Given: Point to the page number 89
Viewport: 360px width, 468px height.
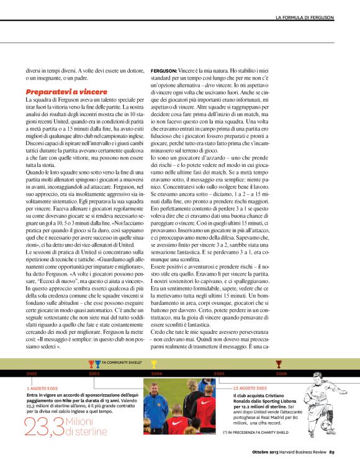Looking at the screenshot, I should pyautogui.click(x=332, y=451).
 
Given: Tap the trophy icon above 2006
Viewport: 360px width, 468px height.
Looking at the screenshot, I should pyautogui.click(x=279, y=364).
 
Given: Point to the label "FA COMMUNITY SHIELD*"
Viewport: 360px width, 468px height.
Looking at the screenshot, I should pyautogui.click(x=122, y=361).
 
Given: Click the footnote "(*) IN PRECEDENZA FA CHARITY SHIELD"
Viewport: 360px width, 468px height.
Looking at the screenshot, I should pyautogui.click(x=258, y=431).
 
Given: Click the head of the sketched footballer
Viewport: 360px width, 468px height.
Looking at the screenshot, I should pyautogui.click(x=324, y=376).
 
